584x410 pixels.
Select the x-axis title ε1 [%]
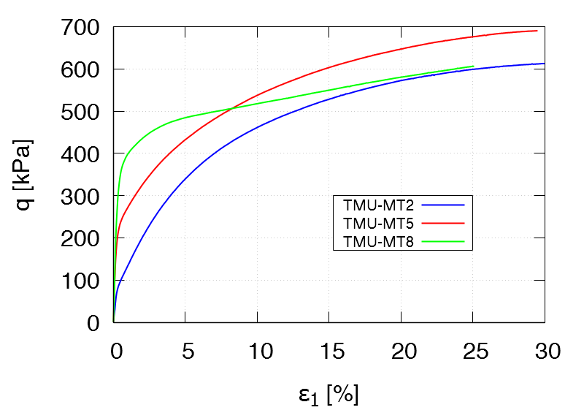tap(328, 395)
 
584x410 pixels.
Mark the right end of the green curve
tap(474, 67)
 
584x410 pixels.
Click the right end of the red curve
tap(537, 31)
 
